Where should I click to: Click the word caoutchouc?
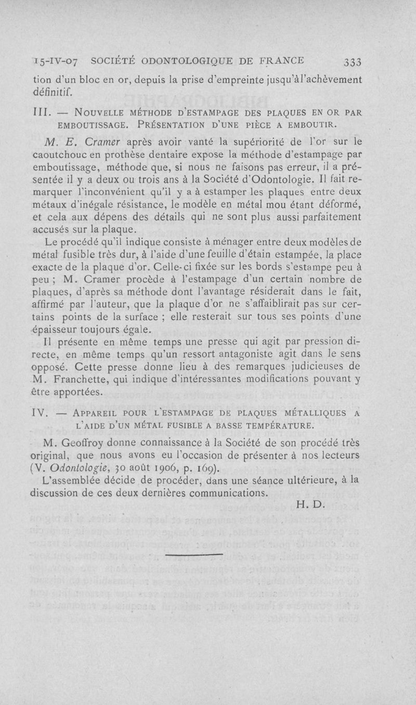(65, 154)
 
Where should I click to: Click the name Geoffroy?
(87, 443)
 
